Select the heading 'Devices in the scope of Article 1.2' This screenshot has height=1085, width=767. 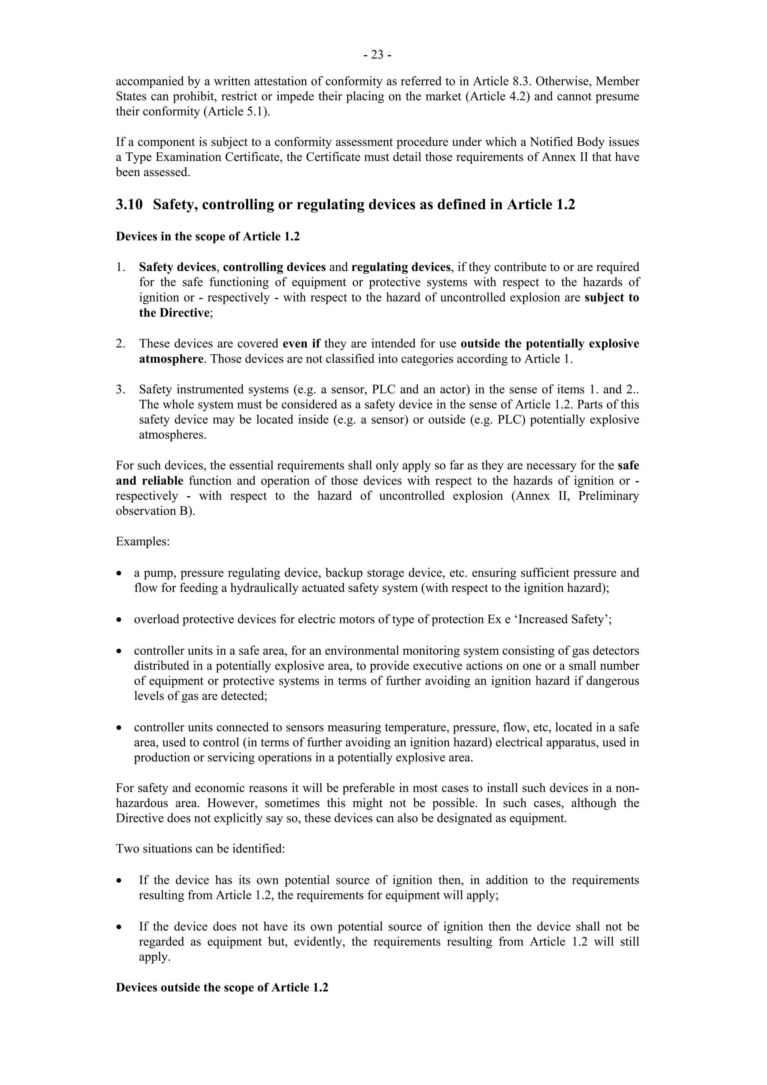point(207,236)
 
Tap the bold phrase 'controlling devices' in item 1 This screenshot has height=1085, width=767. point(274,267)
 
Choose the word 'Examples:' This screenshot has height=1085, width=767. point(143,542)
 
